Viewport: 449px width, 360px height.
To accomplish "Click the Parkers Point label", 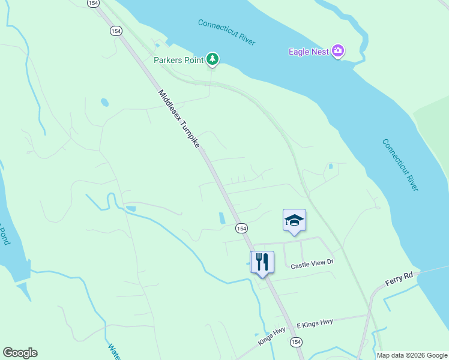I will (x=179, y=59).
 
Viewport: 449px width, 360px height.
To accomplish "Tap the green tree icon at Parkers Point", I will (x=212, y=59).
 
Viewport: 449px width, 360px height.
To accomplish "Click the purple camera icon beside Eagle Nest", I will (x=338, y=51).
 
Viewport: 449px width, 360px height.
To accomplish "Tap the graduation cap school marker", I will (x=294, y=220).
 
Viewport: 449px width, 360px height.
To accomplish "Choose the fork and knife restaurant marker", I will (x=262, y=262).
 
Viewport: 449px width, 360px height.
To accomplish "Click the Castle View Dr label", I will (x=312, y=265).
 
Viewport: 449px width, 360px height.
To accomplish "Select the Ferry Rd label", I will (x=400, y=277).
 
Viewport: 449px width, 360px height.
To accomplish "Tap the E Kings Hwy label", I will (x=315, y=323).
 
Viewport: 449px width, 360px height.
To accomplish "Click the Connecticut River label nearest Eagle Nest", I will (x=226, y=32).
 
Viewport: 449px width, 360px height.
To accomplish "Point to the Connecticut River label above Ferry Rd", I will (x=400, y=165).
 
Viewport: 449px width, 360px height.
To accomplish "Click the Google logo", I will (x=20, y=353).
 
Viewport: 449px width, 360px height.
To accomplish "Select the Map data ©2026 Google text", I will (x=412, y=355).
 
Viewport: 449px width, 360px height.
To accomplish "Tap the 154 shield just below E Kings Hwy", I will (x=295, y=341).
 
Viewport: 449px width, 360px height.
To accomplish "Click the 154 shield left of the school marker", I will (x=241, y=228).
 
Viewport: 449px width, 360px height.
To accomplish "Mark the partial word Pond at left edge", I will (x=5, y=234).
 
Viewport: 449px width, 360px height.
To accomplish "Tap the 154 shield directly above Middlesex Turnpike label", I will (x=116, y=31).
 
